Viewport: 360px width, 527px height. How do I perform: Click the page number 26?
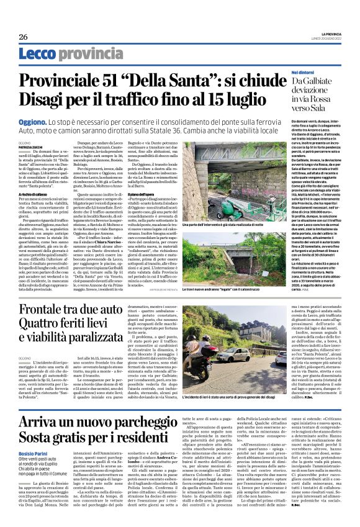(24, 37)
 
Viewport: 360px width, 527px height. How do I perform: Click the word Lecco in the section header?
(38, 56)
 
